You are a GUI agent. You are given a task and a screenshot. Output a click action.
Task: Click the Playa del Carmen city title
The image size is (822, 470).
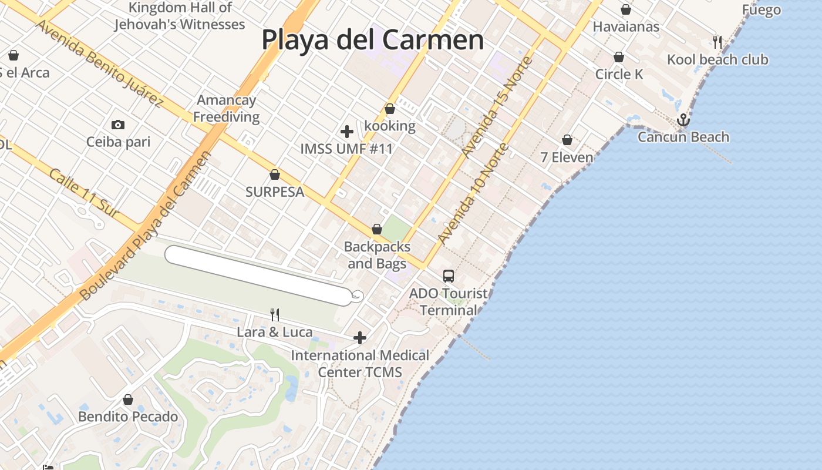click(372, 40)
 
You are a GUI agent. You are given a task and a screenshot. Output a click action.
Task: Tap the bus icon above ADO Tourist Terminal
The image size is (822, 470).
click(449, 276)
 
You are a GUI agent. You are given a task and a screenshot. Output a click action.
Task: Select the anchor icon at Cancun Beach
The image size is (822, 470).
click(683, 120)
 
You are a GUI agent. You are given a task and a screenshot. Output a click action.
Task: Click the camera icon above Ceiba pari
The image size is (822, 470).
click(118, 125)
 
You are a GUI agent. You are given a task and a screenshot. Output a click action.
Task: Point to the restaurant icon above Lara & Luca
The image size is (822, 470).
click(274, 315)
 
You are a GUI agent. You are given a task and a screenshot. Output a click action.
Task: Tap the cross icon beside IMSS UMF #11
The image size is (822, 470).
click(347, 132)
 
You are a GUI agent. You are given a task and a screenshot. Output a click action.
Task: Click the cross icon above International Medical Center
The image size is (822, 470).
click(360, 338)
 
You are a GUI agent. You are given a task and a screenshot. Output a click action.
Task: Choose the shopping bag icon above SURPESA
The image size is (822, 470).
click(274, 174)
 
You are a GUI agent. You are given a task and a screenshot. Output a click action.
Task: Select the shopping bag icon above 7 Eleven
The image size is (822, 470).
click(567, 140)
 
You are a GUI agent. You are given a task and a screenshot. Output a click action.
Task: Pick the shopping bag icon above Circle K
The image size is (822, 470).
click(619, 57)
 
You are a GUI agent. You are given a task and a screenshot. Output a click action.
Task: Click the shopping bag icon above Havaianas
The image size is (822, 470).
click(626, 9)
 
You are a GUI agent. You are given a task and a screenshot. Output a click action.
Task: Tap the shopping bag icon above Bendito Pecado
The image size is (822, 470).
click(128, 399)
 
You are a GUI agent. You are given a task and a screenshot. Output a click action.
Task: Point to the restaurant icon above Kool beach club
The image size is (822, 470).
click(717, 42)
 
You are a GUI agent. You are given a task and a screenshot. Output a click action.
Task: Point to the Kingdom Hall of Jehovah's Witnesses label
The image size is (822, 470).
click(180, 16)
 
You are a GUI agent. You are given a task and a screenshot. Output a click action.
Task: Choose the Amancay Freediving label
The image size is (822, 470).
click(226, 108)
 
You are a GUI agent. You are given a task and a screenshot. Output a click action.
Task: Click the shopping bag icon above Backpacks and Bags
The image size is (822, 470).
click(377, 229)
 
